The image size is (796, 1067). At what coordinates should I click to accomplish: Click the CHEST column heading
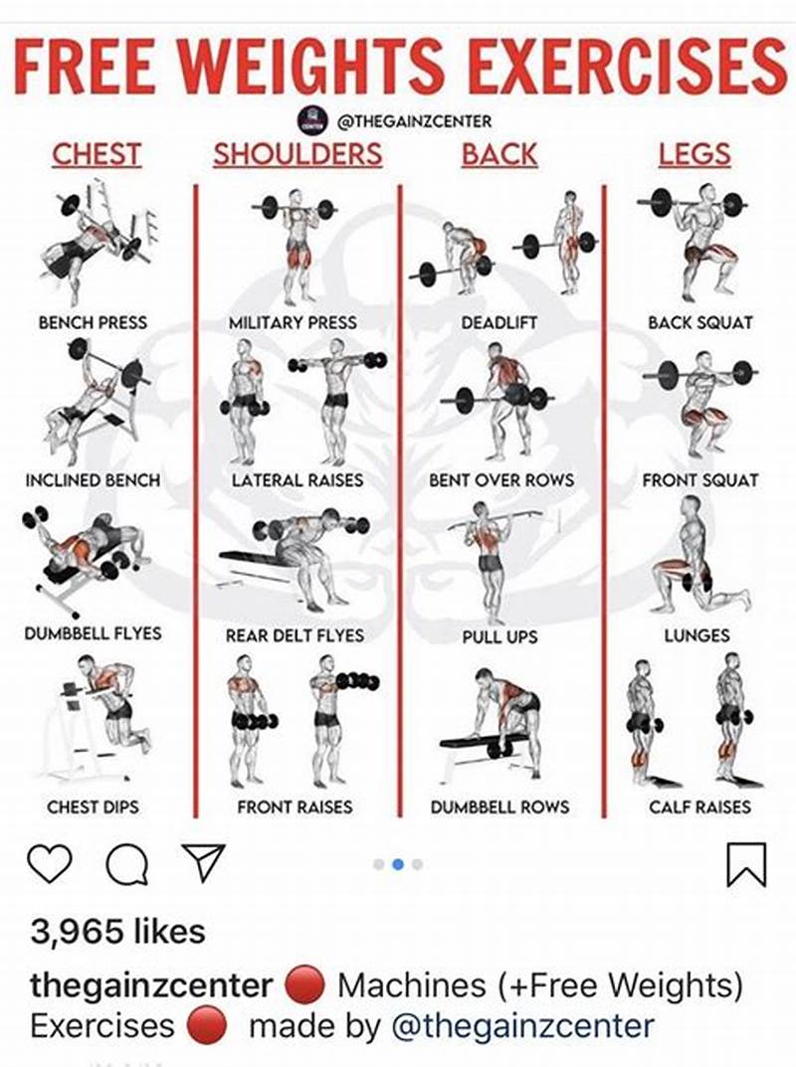[96, 154]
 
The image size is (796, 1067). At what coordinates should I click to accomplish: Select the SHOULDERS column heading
[297, 154]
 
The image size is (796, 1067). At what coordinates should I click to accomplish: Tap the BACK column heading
[498, 154]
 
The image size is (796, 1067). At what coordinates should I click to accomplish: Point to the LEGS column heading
[694, 154]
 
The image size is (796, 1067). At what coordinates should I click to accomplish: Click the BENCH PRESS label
[93, 322]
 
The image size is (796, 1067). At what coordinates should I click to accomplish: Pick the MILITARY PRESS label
[293, 322]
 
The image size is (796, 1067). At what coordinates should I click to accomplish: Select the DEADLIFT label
[499, 322]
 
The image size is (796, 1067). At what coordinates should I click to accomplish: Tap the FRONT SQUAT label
[699, 479]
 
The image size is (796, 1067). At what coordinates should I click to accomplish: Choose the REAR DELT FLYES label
[295, 635]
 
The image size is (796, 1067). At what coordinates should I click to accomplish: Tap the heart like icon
[49, 863]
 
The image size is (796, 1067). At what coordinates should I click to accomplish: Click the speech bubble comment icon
[126, 864]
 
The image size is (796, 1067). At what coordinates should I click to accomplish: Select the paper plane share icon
[203, 862]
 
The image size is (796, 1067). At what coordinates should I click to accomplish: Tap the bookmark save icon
[746, 864]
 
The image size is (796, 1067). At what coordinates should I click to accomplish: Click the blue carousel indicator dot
[398, 864]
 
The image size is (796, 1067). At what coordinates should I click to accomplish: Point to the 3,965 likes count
[117, 932]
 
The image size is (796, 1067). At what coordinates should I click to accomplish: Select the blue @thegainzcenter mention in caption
[523, 1025]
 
